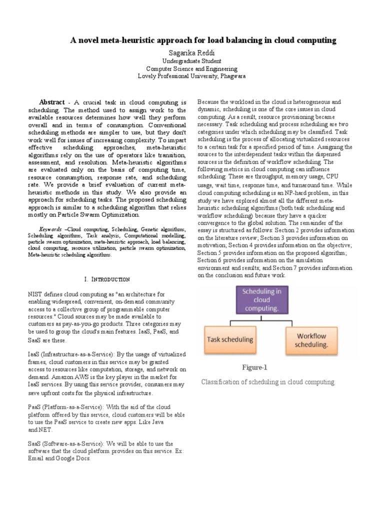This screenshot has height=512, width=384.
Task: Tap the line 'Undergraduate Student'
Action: (192, 60)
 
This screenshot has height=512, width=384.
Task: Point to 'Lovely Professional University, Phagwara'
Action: (192, 76)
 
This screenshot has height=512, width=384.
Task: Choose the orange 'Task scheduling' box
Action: (229, 339)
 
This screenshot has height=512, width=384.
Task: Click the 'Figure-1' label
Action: (255, 367)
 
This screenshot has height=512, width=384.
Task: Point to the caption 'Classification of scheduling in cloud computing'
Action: (268, 382)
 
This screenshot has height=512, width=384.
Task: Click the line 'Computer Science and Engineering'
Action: (192, 68)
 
